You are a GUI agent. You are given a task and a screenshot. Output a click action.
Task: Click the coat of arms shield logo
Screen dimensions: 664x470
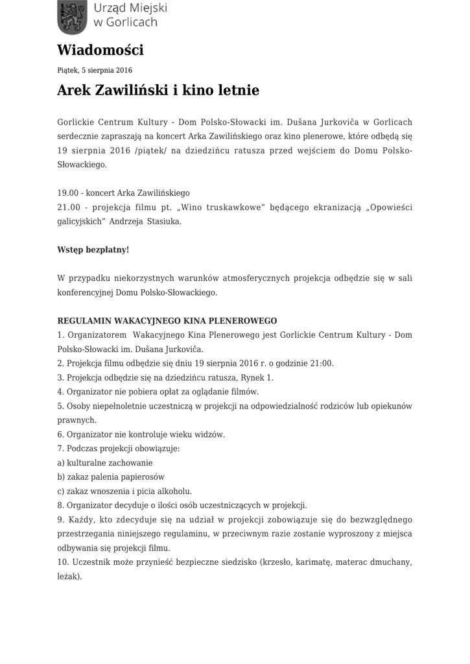tap(72, 17)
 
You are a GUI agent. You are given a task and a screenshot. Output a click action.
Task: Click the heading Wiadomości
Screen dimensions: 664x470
tap(100, 50)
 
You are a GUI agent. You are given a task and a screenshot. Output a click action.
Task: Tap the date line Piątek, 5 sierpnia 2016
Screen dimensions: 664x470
tap(95, 70)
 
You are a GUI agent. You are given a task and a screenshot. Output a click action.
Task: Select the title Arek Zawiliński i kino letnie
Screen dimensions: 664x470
tap(158, 90)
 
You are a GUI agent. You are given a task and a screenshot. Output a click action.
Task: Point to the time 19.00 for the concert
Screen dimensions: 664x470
tap(67, 193)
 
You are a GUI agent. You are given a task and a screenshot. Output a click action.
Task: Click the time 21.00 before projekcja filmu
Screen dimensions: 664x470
tap(68, 207)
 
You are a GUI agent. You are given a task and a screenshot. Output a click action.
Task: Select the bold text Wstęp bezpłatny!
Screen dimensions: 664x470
tap(93, 250)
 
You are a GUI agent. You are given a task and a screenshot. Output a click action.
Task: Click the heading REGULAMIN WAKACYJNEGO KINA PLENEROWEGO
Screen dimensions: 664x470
tap(167, 320)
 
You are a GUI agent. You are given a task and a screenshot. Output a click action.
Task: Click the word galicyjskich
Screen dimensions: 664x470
tap(82, 221)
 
